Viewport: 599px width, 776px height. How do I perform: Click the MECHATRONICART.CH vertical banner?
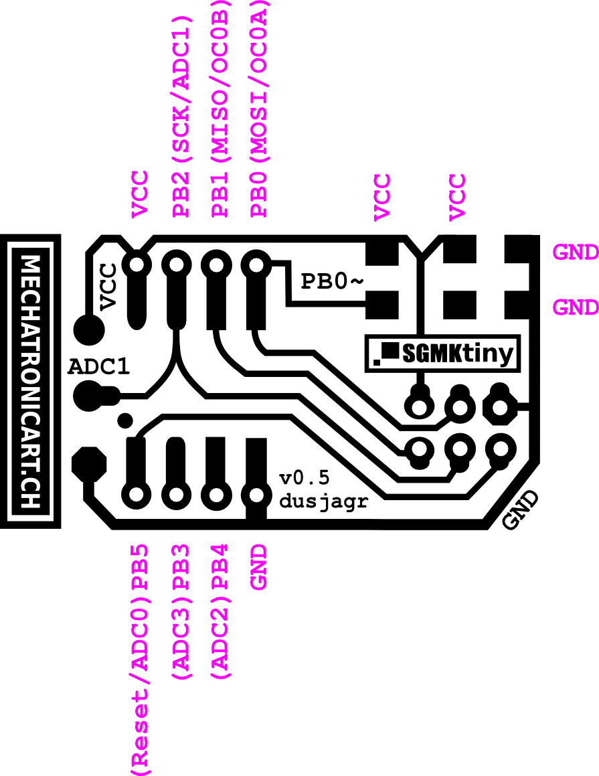pyautogui.click(x=30, y=381)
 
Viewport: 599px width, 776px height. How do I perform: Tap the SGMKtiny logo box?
pyautogui.click(x=443, y=354)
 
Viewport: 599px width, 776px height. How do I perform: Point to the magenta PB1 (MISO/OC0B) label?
pyautogui.click(x=220, y=108)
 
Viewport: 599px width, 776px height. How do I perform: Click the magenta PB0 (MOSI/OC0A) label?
pyautogui.click(x=258, y=108)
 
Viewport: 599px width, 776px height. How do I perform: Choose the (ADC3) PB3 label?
pyautogui.click(x=181, y=612)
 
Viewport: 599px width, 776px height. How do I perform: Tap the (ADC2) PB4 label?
pyautogui.click(x=220, y=612)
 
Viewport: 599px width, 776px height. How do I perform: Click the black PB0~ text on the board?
pyautogui.click(x=332, y=282)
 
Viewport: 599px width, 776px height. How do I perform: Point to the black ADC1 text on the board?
pyautogui.click(x=99, y=367)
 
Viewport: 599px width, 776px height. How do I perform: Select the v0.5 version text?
pyautogui.click(x=305, y=478)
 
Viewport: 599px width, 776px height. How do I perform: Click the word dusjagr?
pyautogui.click(x=324, y=502)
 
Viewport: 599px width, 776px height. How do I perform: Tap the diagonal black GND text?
pyautogui.click(x=520, y=510)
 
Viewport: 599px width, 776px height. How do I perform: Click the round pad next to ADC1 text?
pyautogui.click(x=90, y=396)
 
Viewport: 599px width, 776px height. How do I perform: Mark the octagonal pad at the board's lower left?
pyautogui.click(x=89, y=464)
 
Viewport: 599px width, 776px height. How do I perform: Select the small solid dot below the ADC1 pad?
pyautogui.click(x=125, y=420)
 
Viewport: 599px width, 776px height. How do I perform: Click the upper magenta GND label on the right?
pyautogui.click(x=576, y=252)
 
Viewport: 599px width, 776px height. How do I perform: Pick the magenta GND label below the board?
pyautogui.click(x=258, y=567)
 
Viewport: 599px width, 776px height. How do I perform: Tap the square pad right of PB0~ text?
pyautogui.click(x=381, y=305)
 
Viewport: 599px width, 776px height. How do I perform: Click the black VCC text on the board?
pyautogui.click(x=108, y=287)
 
